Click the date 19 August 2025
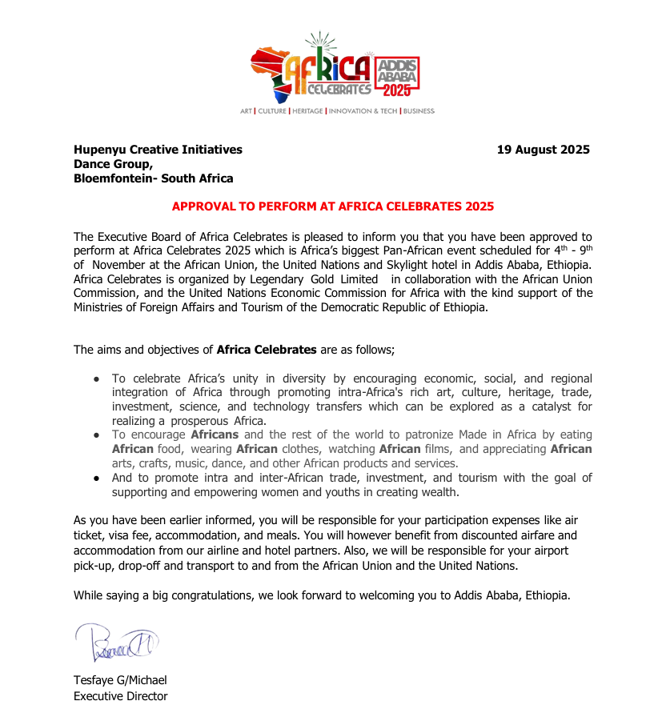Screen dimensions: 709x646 click(543, 150)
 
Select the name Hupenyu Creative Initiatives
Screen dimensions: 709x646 click(158, 150)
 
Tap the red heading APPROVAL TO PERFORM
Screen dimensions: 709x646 click(333, 206)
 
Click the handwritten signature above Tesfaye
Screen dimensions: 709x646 click(118, 643)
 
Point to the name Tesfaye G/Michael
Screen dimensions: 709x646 click(120, 680)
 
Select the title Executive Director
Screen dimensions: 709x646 click(121, 696)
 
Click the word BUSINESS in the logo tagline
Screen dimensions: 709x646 click(419, 111)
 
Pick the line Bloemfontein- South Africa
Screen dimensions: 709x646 click(154, 178)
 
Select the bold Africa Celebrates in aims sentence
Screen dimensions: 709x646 click(267, 350)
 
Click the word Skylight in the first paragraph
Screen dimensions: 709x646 click(432, 265)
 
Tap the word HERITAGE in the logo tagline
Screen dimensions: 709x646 click(307, 111)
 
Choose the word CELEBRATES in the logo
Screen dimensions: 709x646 click(339, 89)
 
